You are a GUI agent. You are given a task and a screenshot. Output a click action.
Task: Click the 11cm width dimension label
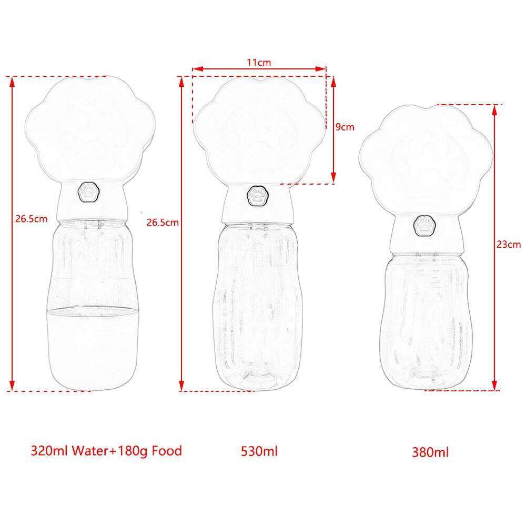(x=259, y=63)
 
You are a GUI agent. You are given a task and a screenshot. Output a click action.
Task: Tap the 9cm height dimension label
(x=345, y=127)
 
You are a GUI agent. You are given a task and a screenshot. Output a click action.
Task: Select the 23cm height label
(x=509, y=244)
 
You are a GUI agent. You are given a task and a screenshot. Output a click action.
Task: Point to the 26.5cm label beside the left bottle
(x=31, y=219)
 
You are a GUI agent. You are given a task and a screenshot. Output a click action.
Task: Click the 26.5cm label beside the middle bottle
(x=163, y=222)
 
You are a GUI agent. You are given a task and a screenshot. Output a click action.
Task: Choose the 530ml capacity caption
(x=259, y=451)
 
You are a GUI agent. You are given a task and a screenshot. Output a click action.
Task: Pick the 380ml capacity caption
(x=430, y=452)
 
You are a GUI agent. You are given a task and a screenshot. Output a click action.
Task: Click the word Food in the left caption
(x=167, y=451)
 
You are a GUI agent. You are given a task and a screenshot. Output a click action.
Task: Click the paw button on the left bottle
(x=88, y=192)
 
